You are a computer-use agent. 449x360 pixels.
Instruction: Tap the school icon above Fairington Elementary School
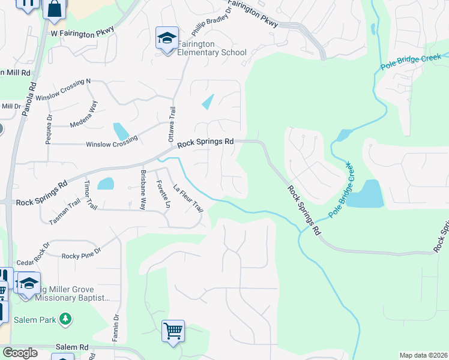(166, 38)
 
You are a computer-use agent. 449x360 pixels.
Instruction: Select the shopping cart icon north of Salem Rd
(173, 331)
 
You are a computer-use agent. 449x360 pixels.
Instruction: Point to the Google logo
(20, 353)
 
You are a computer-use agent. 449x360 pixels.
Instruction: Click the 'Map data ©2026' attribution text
(423, 355)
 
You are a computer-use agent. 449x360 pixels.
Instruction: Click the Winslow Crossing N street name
(63, 89)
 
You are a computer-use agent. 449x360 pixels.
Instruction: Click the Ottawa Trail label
(173, 121)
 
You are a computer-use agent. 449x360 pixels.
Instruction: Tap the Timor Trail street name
(90, 194)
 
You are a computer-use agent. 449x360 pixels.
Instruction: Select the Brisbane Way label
(143, 190)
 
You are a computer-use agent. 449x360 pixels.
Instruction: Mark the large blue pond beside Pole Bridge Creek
(366, 194)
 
